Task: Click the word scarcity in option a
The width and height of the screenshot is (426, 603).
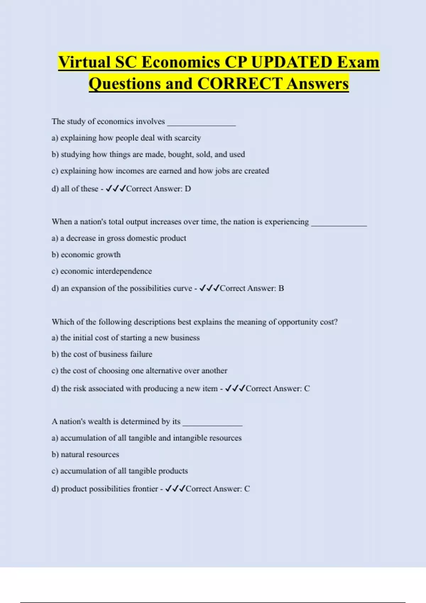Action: pos(187,138)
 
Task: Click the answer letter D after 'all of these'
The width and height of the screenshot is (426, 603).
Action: pos(188,189)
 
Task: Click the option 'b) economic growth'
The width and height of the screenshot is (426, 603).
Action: pos(86,255)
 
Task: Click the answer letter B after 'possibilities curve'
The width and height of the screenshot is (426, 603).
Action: pos(281,288)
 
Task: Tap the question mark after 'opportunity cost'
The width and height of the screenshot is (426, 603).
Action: pos(336,322)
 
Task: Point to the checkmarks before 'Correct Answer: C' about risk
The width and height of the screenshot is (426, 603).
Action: pos(235,388)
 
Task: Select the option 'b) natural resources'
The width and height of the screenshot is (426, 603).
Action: pos(85,454)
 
